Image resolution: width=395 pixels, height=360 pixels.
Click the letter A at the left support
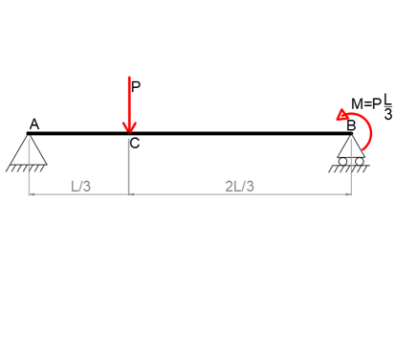pyautogui.click(x=34, y=124)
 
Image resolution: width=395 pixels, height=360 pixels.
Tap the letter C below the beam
pyautogui.click(x=134, y=144)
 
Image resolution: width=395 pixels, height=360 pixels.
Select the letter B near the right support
pyautogui.click(x=350, y=124)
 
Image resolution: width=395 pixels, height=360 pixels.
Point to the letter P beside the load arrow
pyautogui.click(x=136, y=86)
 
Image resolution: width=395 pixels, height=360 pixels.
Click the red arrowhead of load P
pyautogui.click(x=129, y=125)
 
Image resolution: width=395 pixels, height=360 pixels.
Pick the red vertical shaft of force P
pyautogui.click(x=129, y=101)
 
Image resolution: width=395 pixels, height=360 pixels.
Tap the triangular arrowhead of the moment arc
pyautogui.click(x=342, y=114)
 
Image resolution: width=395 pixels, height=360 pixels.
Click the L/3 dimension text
pyautogui.click(x=81, y=186)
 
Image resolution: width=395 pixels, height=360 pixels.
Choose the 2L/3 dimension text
pyautogui.click(x=239, y=186)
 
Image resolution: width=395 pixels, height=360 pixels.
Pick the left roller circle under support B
pyautogui.click(x=344, y=159)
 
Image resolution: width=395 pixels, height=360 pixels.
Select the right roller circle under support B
pyautogui.click(x=359, y=159)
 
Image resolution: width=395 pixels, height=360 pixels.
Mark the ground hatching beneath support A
pyautogui.click(x=28, y=168)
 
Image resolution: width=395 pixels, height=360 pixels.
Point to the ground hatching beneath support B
pyautogui.click(x=350, y=169)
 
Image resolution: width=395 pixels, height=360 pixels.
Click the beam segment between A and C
pyautogui.click(x=81, y=134)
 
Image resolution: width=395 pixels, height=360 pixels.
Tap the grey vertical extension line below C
pyautogui.click(x=129, y=172)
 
